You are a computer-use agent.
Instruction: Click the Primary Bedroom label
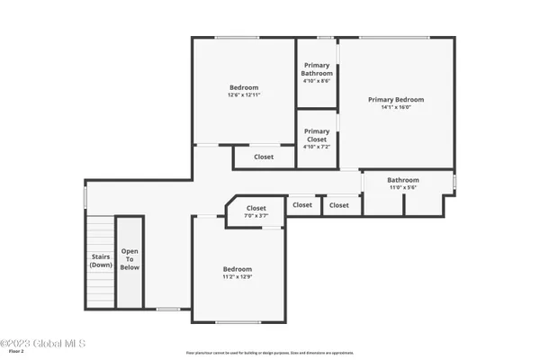tap(395, 100)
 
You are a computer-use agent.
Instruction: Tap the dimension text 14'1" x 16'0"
tap(395, 107)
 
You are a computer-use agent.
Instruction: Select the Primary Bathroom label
tap(317, 69)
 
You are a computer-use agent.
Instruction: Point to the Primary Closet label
tap(317, 136)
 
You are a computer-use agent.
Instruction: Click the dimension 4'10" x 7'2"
tap(317, 146)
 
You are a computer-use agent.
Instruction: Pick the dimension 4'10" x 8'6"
tap(317, 81)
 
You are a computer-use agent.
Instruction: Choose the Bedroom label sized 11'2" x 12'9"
tap(238, 269)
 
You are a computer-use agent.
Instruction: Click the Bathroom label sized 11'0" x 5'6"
tap(403, 180)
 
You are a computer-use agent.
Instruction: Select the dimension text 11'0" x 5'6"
tap(403, 187)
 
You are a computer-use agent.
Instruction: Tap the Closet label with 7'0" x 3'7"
tap(256, 208)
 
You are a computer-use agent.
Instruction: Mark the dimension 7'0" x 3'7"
tap(256, 215)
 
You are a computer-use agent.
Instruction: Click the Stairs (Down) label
tap(101, 261)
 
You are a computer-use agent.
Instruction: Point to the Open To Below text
tap(130, 259)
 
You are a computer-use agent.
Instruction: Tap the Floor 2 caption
tap(9, 352)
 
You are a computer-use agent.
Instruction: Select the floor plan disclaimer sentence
tap(269, 353)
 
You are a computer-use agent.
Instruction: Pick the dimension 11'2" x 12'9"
tap(238, 276)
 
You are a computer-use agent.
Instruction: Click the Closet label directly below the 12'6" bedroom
tap(264, 157)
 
